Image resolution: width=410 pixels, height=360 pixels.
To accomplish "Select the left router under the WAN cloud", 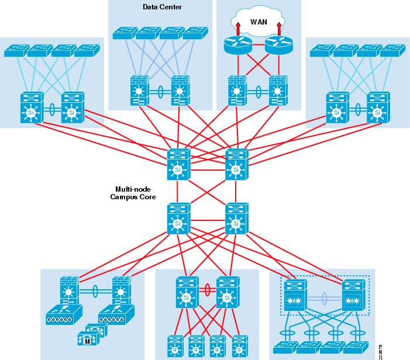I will click(237, 44).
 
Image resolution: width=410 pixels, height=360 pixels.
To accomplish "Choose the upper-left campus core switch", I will click(179, 165).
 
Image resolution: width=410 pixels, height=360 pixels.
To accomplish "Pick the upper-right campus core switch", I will click(236, 165).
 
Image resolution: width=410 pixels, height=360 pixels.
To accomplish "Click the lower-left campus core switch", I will click(179, 219).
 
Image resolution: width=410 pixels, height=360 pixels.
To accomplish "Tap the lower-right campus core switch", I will click(236, 219).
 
